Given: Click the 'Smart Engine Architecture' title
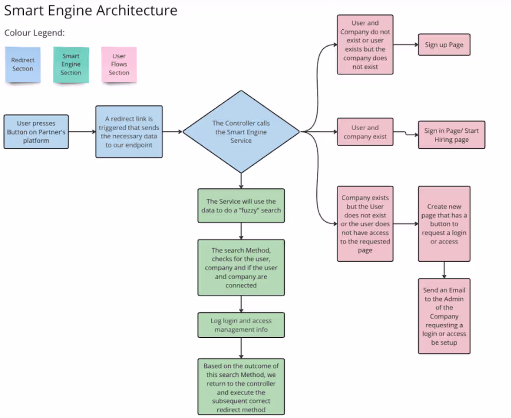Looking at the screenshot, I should pyautogui.click(x=91, y=11).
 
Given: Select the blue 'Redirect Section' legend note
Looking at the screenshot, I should pyautogui.click(x=23, y=65).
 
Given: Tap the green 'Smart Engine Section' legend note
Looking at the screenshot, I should pyautogui.click(x=71, y=65).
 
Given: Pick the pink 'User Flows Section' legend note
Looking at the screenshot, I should pyautogui.click(x=119, y=65).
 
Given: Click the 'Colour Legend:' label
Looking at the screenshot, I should pyautogui.click(x=34, y=33).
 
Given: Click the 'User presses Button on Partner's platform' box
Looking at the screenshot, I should pyautogui.click(x=36, y=132).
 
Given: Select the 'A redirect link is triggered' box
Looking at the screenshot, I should pyautogui.click(x=129, y=132).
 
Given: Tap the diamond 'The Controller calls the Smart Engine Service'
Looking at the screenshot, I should pyautogui.click(x=241, y=132).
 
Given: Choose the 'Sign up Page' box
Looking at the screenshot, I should pyautogui.click(x=444, y=45).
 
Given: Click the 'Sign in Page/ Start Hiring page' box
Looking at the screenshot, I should pyautogui.click(x=451, y=135).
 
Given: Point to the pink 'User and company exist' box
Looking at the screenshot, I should pyautogui.click(x=365, y=132).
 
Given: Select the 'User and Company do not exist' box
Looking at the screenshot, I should pyautogui.click(x=365, y=45).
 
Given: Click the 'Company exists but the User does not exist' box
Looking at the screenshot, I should pyautogui.click(x=365, y=224).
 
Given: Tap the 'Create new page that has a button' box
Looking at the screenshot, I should pyautogui.click(x=444, y=224).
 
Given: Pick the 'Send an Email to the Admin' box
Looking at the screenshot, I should pyautogui.click(x=444, y=316).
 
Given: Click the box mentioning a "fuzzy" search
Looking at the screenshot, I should pyautogui.click(x=241, y=206).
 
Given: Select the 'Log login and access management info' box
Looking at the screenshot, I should pyautogui.click(x=241, y=325).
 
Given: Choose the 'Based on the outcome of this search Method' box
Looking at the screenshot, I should pyautogui.click(x=241, y=386).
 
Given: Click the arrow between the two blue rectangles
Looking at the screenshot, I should pyautogui.click(x=82, y=132).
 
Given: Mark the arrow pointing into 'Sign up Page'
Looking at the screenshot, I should pyautogui.click(x=406, y=45).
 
